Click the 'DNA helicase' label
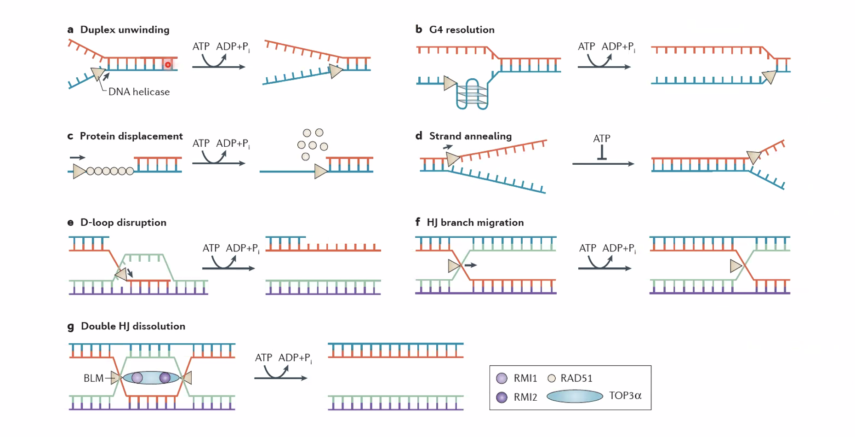click(139, 92)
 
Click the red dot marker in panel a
click(168, 65)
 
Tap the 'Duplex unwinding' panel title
click(125, 30)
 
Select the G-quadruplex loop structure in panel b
click(472, 94)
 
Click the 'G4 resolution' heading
click(462, 30)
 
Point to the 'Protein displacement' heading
click(131, 136)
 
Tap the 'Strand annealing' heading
click(470, 136)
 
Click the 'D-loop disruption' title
click(123, 223)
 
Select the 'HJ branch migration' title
click(475, 223)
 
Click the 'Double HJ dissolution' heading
click(133, 326)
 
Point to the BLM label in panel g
click(93, 378)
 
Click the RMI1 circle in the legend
click(502, 379)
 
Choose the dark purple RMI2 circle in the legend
click(502, 397)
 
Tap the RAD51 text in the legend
click(576, 379)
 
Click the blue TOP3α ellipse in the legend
click(575, 396)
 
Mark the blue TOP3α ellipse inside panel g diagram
click(151, 378)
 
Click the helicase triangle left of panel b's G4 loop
click(450, 83)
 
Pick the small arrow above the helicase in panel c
click(77, 158)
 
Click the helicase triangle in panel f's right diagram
click(735, 266)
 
